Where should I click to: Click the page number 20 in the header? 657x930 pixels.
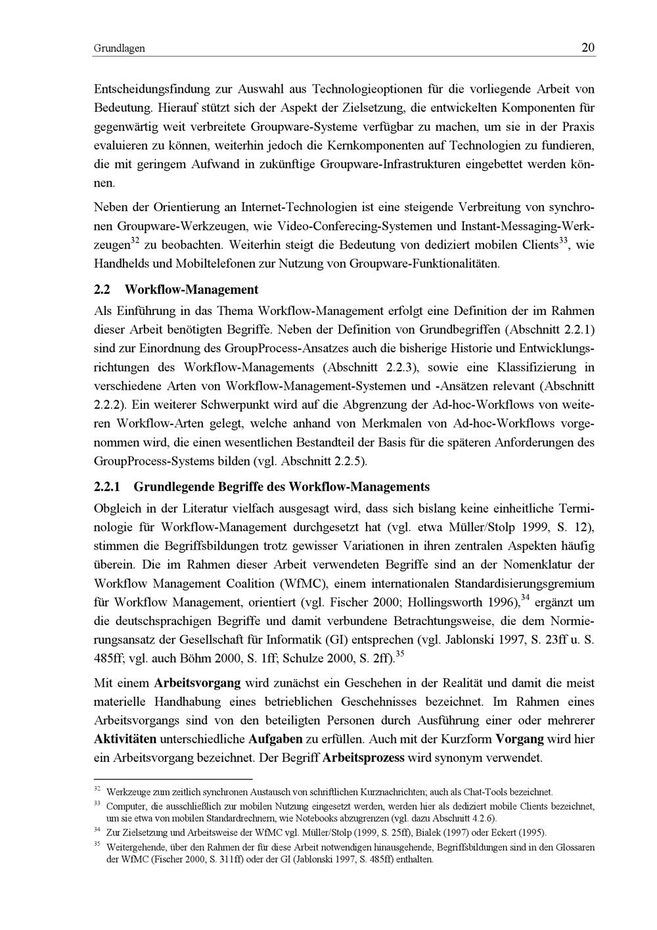588,47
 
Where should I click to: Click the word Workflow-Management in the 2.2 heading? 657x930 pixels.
191,290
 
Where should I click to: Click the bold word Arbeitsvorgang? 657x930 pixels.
197,683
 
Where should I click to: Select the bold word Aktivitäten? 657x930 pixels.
129,739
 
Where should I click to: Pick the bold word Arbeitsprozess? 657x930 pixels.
363,758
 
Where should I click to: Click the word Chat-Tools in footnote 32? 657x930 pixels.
482,792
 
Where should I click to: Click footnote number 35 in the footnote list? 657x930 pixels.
97,845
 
